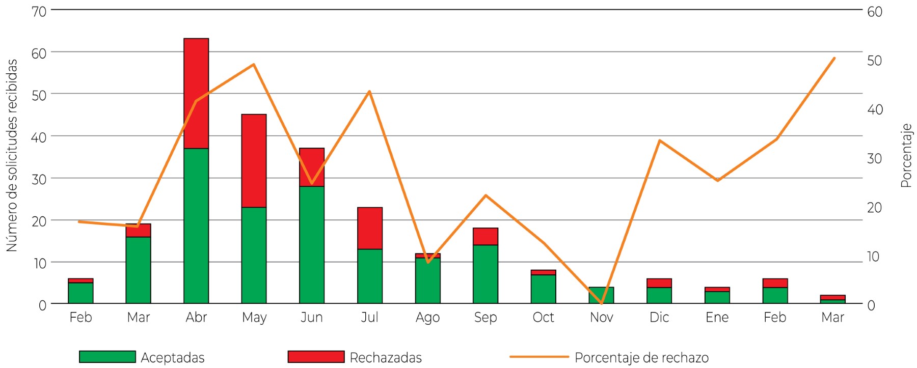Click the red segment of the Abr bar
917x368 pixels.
click(x=196, y=76)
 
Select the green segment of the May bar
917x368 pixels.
click(x=254, y=254)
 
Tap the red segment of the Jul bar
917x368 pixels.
click(x=370, y=228)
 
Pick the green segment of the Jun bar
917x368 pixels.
click(x=312, y=244)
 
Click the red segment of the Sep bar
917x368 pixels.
click(x=486, y=236)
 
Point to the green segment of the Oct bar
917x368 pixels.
click(x=544, y=289)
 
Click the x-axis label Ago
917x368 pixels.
click(x=427, y=318)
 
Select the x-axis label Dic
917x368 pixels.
click(x=659, y=318)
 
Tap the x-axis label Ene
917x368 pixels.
click(x=717, y=318)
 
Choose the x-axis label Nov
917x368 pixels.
click(x=601, y=318)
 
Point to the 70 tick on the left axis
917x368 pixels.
click(x=39, y=11)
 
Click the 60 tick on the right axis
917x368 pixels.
click(x=875, y=11)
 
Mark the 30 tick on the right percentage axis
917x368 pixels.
click(x=874, y=159)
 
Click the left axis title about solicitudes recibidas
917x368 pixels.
click(x=12, y=155)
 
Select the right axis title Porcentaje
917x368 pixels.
click(x=906, y=155)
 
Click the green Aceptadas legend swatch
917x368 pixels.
click(x=107, y=357)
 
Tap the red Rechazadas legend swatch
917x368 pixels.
click(x=316, y=357)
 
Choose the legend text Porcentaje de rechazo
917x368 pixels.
click(x=641, y=358)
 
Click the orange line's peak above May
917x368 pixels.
click(x=254, y=65)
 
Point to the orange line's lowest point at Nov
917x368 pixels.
click(x=601, y=303)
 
